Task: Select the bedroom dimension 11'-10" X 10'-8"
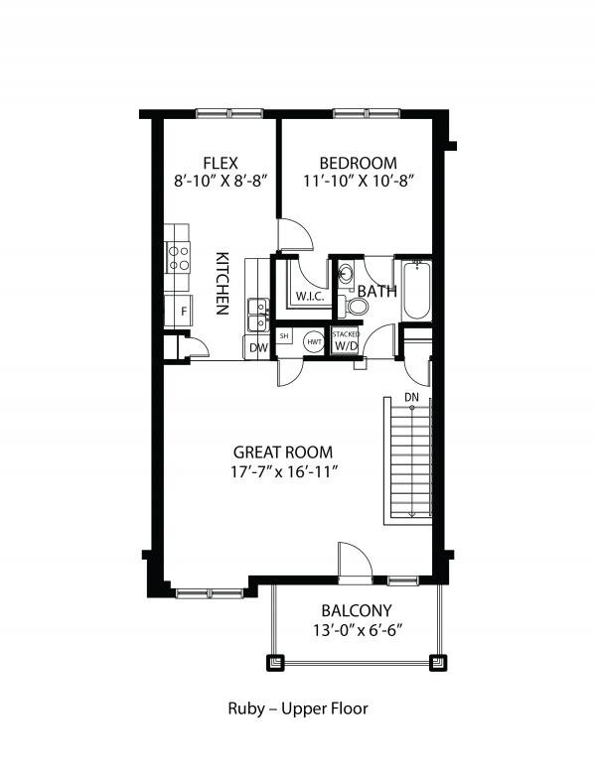click(358, 182)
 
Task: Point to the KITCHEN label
click(223, 283)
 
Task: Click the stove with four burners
click(179, 258)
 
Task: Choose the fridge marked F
click(180, 312)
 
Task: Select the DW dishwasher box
click(257, 347)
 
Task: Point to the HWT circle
click(313, 340)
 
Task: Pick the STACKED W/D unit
click(346, 341)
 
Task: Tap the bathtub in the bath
click(416, 290)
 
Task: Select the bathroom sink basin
click(345, 273)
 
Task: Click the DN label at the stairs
click(411, 399)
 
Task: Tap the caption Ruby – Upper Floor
click(298, 708)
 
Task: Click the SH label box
click(284, 336)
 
